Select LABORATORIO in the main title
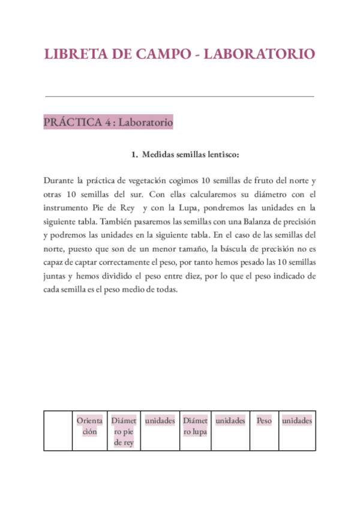click(259, 53)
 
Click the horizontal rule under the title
click(179, 96)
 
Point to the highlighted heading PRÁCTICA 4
click(109, 122)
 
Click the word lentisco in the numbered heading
click(221, 155)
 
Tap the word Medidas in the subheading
click(159, 155)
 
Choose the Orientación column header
click(89, 426)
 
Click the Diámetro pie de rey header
click(123, 432)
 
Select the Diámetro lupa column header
click(196, 426)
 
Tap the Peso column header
click(264, 421)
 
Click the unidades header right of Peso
click(297, 421)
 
